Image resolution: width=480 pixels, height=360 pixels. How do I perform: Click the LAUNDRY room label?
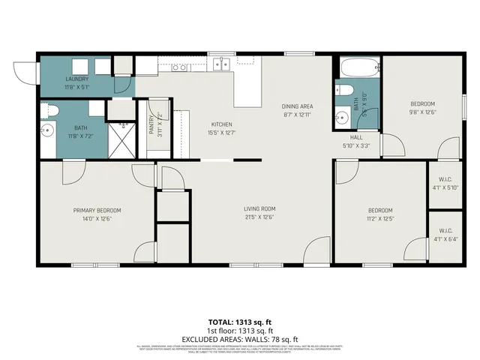pyautogui.click(x=77, y=79)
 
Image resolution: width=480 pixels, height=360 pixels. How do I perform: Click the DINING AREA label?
pyautogui.click(x=297, y=106)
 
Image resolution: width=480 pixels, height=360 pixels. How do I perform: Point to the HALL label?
pyautogui.click(x=356, y=137)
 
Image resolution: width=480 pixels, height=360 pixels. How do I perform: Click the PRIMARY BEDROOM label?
pyautogui.click(x=97, y=211)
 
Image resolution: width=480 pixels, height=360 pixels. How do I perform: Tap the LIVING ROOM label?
pyautogui.click(x=259, y=209)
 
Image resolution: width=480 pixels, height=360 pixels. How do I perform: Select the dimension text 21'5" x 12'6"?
pyautogui.click(x=259, y=217)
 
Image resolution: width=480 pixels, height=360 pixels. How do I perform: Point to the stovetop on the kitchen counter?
pyautogui.click(x=179, y=67)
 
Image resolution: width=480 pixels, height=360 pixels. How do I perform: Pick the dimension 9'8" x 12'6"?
pyautogui.click(x=421, y=112)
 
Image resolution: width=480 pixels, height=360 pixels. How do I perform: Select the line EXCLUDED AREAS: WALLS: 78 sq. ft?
pyautogui.click(x=240, y=339)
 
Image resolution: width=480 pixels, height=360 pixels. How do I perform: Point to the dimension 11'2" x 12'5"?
pyautogui.click(x=380, y=218)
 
